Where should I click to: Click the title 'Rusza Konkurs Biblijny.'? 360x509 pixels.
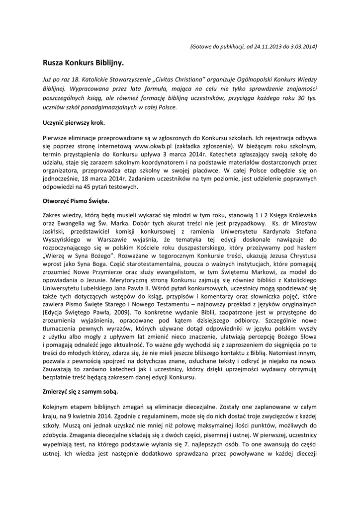(x=82, y=64)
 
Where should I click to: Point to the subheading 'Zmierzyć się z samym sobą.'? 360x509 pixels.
(x=80, y=392)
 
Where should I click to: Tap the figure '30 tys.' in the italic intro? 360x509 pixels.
(x=307, y=98)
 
